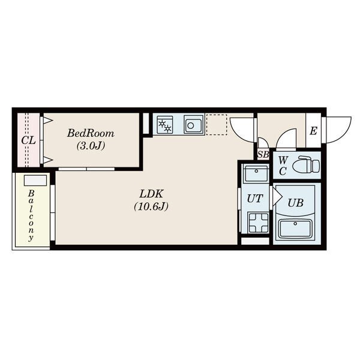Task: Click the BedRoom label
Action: tap(91, 133)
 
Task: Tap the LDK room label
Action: tap(151, 194)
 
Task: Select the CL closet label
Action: tap(28, 140)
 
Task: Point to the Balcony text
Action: tap(31, 215)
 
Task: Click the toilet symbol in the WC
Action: tap(306, 164)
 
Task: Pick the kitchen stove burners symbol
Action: tap(165, 125)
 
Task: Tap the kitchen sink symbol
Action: tap(194, 125)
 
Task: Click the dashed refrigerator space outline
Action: tap(217, 125)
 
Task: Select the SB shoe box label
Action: tap(263, 155)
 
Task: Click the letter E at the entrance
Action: tap(313, 131)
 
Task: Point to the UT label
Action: tap(254, 199)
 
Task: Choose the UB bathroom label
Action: tap(295, 203)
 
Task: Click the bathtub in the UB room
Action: tap(295, 229)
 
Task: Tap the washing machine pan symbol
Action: tap(258, 223)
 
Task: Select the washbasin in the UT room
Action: tap(256, 173)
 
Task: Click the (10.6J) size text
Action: tap(151, 206)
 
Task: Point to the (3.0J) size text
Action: tap(91, 145)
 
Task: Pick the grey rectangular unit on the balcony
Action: tap(35, 181)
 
